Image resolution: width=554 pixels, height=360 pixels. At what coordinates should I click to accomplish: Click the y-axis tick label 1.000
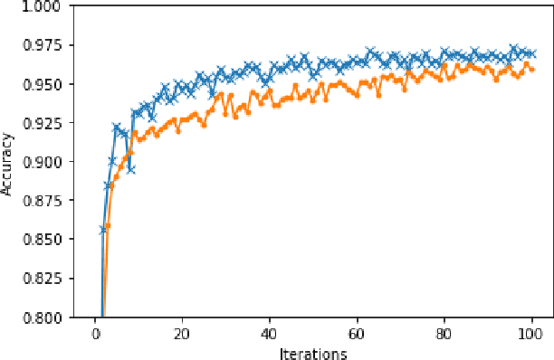pos(43,7)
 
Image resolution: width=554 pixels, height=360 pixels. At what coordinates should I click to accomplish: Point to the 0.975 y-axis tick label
pos(43,46)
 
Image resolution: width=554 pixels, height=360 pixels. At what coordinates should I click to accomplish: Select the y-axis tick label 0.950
pos(43,85)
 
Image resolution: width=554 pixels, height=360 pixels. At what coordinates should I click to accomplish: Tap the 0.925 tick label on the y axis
pos(43,124)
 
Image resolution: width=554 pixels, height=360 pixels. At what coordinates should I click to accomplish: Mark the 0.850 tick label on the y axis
pos(43,240)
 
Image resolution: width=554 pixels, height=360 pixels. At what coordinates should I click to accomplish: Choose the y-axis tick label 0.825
pos(43,279)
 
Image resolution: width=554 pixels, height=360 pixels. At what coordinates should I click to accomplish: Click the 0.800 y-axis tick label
pos(43,317)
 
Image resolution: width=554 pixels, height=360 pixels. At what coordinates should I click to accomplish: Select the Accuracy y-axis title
pos(8,163)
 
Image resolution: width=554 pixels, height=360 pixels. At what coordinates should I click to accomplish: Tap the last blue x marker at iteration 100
pos(532,53)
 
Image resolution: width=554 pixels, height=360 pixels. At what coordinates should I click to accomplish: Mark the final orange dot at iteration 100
pos(532,70)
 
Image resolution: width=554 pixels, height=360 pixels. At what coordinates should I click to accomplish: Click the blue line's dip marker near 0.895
pos(130,169)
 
